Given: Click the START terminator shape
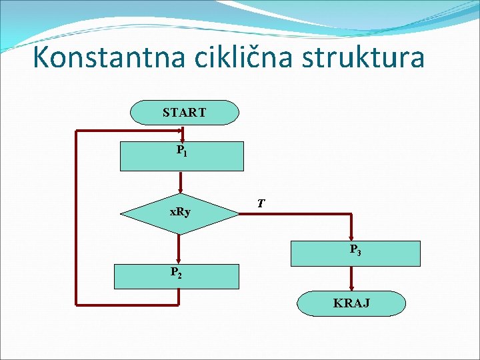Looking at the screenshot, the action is click(x=184, y=113).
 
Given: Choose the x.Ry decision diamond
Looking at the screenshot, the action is click(x=179, y=213).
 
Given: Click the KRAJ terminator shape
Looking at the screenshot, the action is click(x=351, y=303).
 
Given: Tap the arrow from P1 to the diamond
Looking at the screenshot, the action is click(x=179, y=182).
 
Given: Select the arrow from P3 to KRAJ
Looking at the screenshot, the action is click(x=351, y=278).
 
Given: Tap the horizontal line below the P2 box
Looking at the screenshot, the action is click(x=127, y=305).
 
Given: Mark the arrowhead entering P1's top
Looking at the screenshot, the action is click(x=180, y=139).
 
